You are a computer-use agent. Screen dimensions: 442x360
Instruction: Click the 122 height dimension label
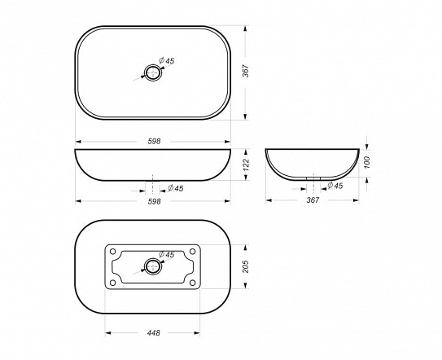pos(246,165)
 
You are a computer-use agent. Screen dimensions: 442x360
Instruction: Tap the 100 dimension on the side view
pos(367,163)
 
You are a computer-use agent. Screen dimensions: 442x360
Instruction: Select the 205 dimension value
pos(246,266)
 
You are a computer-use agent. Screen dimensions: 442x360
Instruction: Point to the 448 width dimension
pos(153,333)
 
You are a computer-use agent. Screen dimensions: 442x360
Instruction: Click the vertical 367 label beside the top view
pos(246,71)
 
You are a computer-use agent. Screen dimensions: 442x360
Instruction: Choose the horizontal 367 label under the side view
pos(313,200)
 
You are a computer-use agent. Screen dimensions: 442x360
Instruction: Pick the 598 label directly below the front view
pos(154,201)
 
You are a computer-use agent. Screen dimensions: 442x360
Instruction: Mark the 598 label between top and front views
pos(154,141)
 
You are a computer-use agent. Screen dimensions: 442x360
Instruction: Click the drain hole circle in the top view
pos(153,65)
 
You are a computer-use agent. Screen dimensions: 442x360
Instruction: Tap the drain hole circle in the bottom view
pos(153,258)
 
